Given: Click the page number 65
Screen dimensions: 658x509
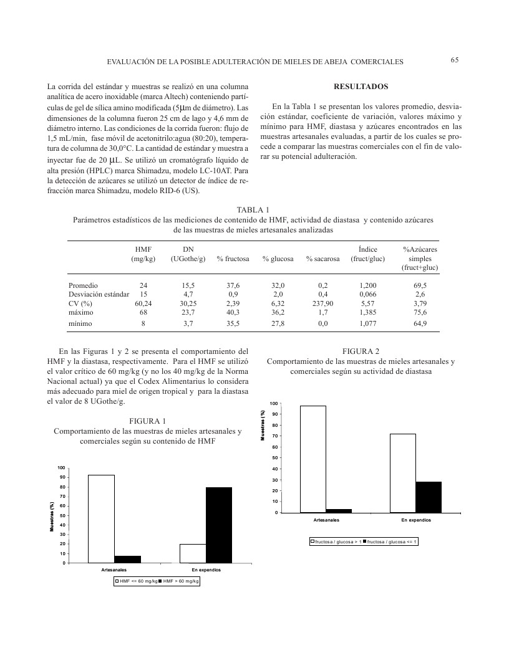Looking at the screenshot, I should (454, 60).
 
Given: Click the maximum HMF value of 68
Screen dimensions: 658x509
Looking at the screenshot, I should (143, 313).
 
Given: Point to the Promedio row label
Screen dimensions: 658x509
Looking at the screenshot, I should (84, 285).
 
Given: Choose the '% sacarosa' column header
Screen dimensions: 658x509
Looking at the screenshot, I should (322, 259).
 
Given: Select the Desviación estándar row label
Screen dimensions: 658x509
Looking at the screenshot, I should (99, 294).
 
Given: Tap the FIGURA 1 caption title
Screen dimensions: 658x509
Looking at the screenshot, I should (148, 421).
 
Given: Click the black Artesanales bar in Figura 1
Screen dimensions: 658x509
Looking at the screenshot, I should (127, 559).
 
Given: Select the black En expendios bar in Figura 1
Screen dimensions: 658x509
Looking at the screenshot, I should (219, 525).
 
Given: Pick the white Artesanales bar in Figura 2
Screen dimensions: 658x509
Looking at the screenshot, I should (313, 459).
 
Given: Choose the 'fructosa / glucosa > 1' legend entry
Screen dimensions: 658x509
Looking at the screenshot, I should (337, 541).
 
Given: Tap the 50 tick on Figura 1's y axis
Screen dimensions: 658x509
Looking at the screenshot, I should (61, 515).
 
